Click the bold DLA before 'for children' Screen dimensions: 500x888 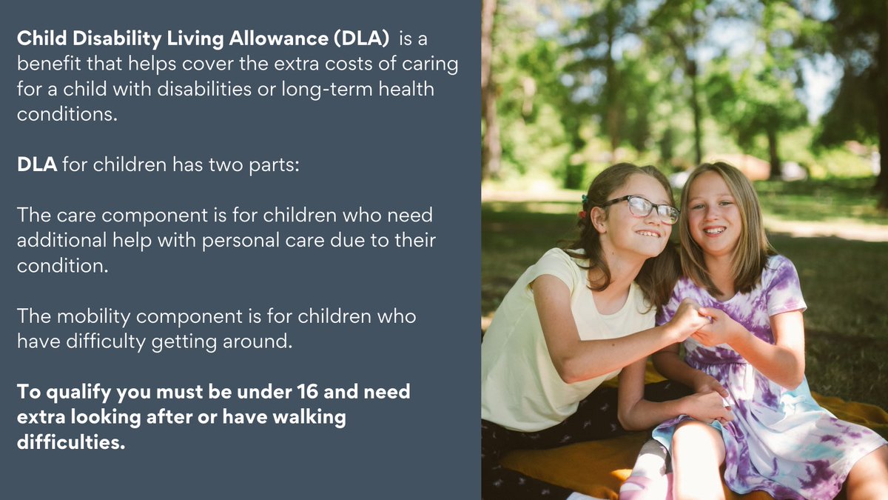tap(37, 164)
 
